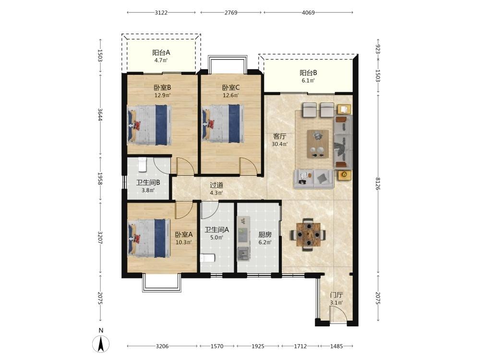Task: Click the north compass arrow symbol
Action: [101, 344]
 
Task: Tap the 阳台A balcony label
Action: [161, 53]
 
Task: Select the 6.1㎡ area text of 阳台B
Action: [308, 81]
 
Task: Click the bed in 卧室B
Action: [150, 125]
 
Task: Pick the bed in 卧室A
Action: [149, 238]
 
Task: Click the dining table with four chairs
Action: [308, 235]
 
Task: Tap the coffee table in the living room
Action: [318, 144]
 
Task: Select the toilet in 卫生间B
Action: [143, 165]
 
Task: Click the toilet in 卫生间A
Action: [208, 258]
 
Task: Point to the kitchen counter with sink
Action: [244, 239]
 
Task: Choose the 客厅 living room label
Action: [279, 136]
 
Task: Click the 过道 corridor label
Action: [216, 185]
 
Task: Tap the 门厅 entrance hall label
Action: [336, 295]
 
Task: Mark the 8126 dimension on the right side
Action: [378, 184]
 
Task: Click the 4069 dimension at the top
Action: [308, 12]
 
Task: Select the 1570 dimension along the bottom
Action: [217, 346]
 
